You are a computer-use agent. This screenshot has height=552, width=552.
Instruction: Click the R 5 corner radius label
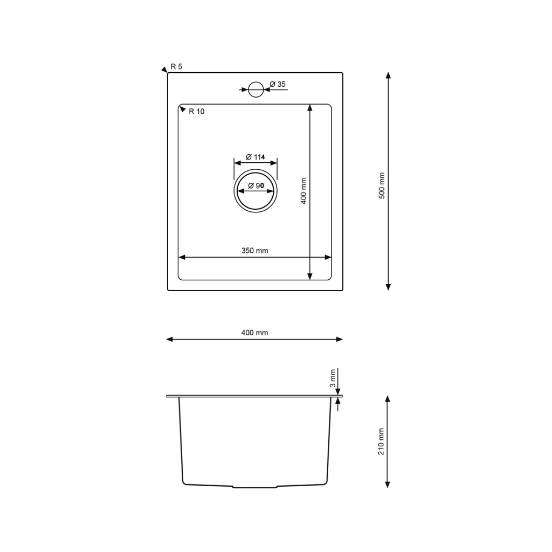pyautogui.click(x=177, y=66)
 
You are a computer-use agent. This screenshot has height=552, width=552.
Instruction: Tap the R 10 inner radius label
pyautogui.click(x=196, y=112)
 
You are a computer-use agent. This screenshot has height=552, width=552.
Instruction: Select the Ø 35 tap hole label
pyautogui.click(x=278, y=84)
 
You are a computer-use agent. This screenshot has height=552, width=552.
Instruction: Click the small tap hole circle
pyautogui.click(x=256, y=89)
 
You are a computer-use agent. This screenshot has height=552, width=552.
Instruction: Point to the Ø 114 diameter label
pyautogui.click(x=255, y=157)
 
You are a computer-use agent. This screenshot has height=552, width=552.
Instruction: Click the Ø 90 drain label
pyautogui.click(x=255, y=186)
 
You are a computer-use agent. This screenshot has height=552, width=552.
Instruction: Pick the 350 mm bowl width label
pyautogui.click(x=254, y=251)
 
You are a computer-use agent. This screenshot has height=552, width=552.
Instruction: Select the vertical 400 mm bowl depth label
pyautogui.click(x=303, y=191)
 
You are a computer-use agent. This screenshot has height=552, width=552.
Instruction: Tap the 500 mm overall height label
pyautogui.click(x=382, y=186)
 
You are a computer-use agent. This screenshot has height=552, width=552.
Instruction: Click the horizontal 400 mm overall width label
pyautogui.click(x=254, y=333)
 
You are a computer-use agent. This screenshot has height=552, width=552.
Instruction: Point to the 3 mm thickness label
pyautogui.click(x=333, y=378)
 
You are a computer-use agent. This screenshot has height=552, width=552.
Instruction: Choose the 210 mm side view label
pyautogui.click(x=381, y=442)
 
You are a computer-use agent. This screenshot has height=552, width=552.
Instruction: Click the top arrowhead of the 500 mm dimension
pyautogui.click(x=388, y=75)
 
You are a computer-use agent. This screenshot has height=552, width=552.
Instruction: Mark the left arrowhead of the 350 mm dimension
pyautogui.click(x=182, y=257)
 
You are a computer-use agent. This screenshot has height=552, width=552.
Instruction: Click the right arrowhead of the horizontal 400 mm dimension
pyautogui.click(x=339, y=339)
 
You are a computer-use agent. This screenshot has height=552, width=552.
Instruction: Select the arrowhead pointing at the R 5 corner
pyautogui.click(x=164, y=70)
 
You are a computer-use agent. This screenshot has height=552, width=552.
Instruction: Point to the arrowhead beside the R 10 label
pyautogui.click(x=183, y=109)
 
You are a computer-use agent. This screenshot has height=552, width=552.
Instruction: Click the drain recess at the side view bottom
pyautogui.click(x=255, y=486)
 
